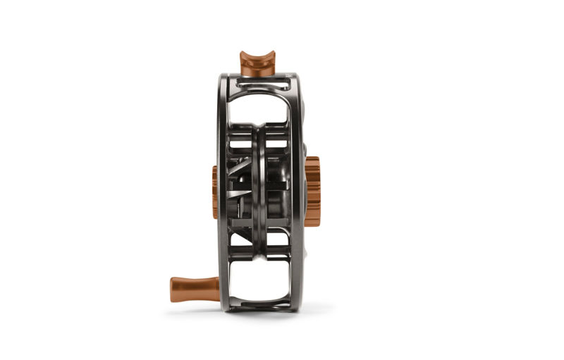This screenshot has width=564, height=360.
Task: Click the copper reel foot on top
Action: [x=257, y=64]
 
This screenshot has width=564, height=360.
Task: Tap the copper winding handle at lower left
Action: [x=195, y=288]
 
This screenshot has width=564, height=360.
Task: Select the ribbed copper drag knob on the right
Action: [x=312, y=191]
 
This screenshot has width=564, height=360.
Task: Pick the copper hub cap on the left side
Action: [x=214, y=192]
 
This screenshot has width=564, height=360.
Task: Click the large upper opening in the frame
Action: [x=258, y=110]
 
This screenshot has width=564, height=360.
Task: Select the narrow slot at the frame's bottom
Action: [x=258, y=304]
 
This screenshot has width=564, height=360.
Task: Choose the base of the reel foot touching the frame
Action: [x=257, y=73]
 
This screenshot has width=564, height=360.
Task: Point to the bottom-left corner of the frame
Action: [x=224, y=306]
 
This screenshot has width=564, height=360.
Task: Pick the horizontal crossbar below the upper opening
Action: [x=258, y=130]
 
